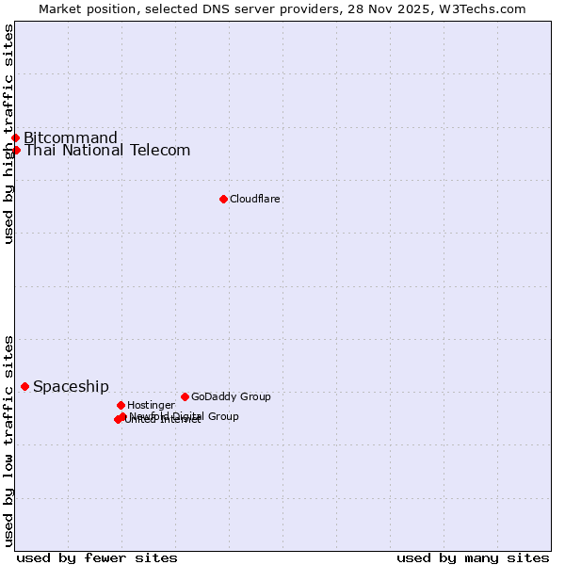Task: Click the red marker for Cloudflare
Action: [x=223, y=199]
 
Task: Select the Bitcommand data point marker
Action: [x=15, y=138]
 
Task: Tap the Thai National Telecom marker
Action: [x=16, y=151]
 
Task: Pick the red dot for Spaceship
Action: [x=24, y=386]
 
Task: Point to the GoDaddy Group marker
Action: [x=185, y=396]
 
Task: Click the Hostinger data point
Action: [x=121, y=405]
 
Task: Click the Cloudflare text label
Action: [x=255, y=199]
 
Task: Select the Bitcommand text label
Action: [x=71, y=138]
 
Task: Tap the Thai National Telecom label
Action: [x=107, y=151]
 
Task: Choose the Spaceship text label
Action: [x=71, y=386]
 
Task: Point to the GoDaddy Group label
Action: [x=231, y=396]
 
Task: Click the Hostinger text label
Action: [x=151, y=405]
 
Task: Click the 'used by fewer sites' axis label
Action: [x=97, y=557]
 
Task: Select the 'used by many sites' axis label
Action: [x=473, y=557]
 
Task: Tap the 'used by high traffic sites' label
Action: [x=9, y=134]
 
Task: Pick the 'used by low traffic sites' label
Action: [x=9, y=440]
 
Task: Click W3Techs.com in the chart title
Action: [x=480, y=8]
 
